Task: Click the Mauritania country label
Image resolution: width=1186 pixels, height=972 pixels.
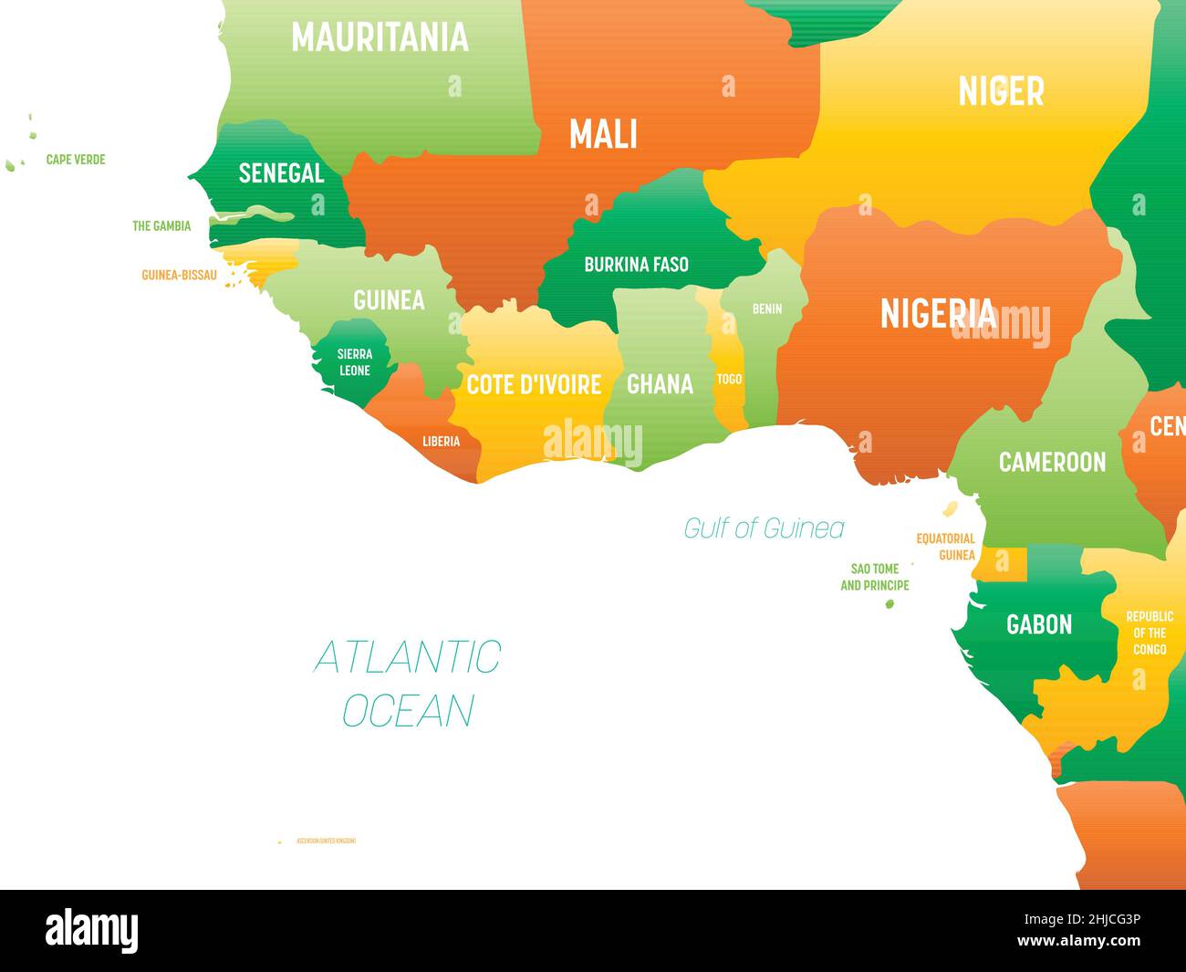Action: tap(380, 37)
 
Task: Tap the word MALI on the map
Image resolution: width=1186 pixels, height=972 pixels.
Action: tap(603, 134)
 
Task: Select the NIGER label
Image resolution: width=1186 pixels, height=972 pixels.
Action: tap(1001, 91)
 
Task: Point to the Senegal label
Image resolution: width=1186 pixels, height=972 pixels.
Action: tap(281, 172)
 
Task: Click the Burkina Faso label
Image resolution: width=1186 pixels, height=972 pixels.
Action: tap(636, 265)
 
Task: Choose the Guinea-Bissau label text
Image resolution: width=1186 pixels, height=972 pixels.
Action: tap(179, 275)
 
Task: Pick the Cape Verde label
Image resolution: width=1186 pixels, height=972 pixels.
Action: tap(76, 160)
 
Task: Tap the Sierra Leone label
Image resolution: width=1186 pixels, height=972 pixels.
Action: tap(354, 362)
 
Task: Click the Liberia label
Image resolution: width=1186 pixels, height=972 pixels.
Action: tap(441, 442)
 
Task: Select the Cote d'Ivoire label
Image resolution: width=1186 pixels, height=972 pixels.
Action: tap(534, 384)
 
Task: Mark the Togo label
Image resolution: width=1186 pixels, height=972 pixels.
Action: tap(729, 379)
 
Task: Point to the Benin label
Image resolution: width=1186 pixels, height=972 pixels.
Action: tap(766, 308)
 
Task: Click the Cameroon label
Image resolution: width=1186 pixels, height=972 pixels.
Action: tap(1052, 462)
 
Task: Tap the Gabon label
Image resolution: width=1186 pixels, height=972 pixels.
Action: tap(1038, 624)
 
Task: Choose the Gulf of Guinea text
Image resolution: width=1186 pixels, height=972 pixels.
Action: tap(764, 528)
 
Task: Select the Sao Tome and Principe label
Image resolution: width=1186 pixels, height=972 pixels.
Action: tap(874, 577)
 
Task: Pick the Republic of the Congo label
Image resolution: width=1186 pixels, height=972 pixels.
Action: tap(1150, 632)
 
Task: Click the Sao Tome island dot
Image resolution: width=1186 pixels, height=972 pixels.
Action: tap(889, 604)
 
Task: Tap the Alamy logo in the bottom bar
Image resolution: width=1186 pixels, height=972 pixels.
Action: tap(92, 931)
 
